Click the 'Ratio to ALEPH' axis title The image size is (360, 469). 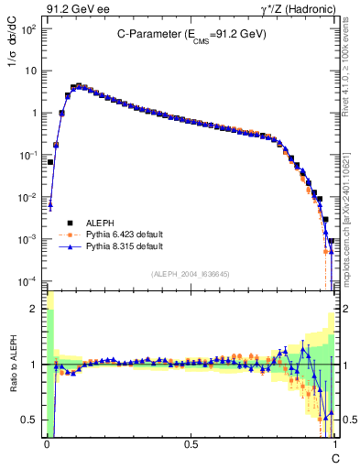(12, 365)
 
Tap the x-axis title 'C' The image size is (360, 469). (335, 456)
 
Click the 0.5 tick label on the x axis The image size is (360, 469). (191, 443)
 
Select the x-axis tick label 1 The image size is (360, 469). (335, 443)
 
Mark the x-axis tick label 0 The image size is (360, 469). (47, 443)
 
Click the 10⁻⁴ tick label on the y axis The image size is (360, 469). (28, 280)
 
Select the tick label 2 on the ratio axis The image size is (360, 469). (35, 310)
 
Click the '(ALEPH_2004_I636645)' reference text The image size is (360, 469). (190, 275)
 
